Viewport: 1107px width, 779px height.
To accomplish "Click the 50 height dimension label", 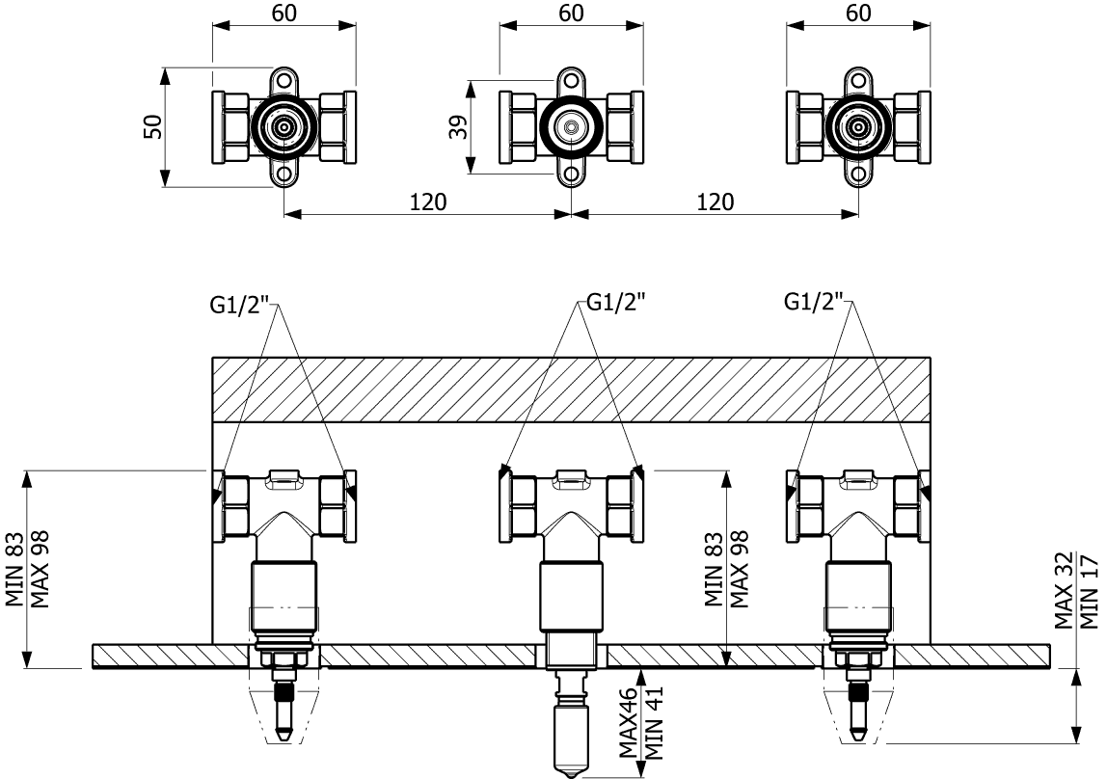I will [x=152, y=126].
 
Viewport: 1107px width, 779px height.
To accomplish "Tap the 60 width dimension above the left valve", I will [x=284, y=13].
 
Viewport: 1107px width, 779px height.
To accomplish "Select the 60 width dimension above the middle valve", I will [x=571, y=13].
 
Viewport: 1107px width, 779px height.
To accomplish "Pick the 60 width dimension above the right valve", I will [x=858, y=13].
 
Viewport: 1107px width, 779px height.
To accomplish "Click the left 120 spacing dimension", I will [x=428, y=201].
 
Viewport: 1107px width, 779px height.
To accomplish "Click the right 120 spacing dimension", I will [x=715, y=201].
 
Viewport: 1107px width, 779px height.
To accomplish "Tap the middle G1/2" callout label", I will [x=614, y=302].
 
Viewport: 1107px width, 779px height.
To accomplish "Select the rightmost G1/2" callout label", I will [x=815, y=303].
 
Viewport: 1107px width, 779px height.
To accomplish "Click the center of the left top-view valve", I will [x=284, y=126].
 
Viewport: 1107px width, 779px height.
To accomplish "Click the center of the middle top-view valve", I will [x=572, y=126].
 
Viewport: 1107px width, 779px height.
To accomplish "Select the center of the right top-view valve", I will [x=858, y=126].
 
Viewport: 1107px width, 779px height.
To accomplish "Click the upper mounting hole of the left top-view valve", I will [x=284, y=80].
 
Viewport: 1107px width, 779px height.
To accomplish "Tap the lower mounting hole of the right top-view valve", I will [x=858, y=175].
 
